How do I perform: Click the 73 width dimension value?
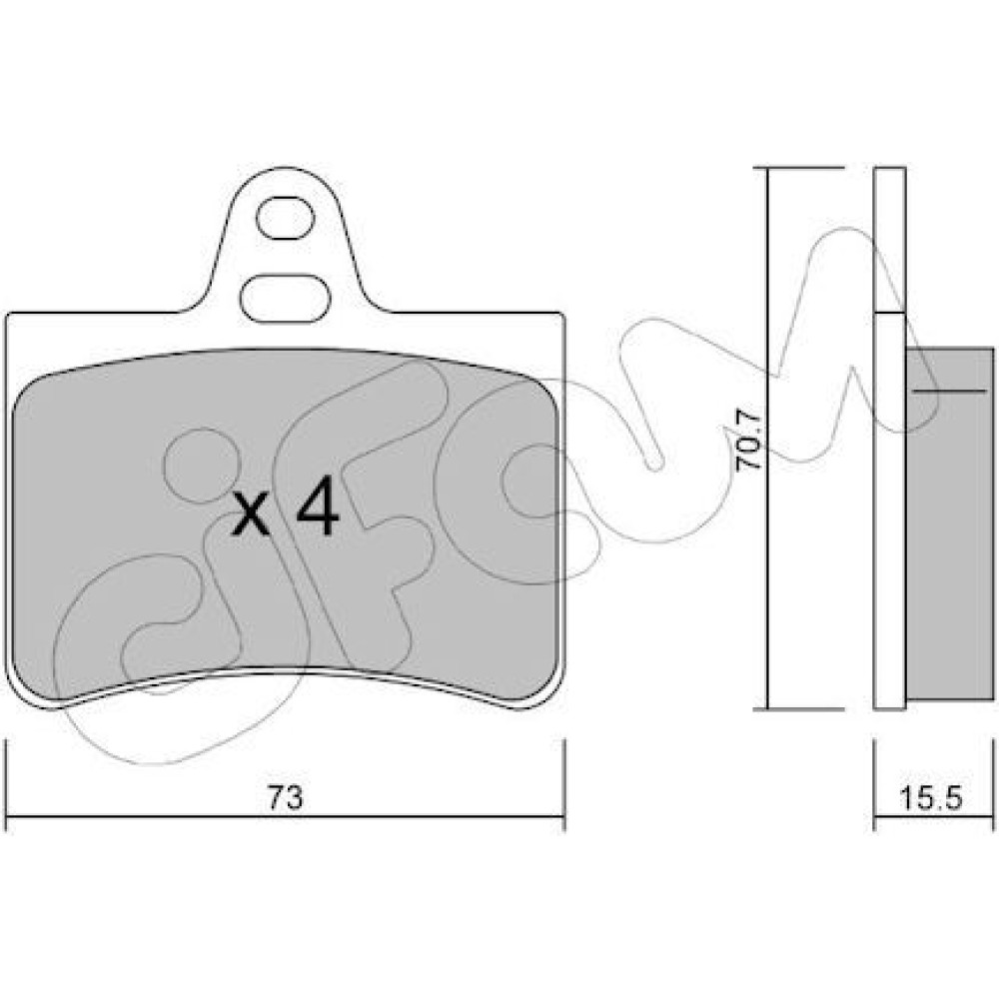tap(285, 797)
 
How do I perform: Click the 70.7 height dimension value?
tap(748, 440)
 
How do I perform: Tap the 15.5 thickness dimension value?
tap(931, 797)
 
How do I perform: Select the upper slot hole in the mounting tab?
tap(286, 218)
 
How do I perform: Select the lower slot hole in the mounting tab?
tap(286, 298)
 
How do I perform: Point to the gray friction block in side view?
tap(949, 523)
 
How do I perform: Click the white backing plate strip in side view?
tap(890, 510)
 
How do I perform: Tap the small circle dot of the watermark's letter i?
tap(202, 466)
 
